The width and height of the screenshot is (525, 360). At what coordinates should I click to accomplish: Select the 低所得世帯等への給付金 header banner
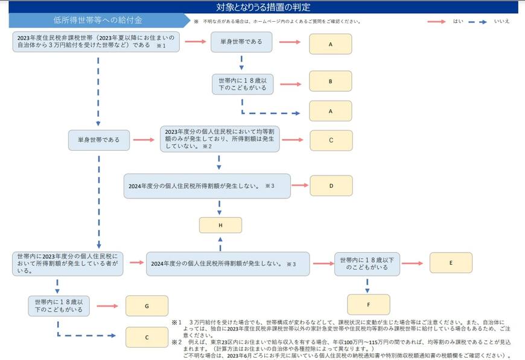point(97,21)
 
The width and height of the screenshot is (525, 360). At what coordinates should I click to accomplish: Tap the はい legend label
point(458,21)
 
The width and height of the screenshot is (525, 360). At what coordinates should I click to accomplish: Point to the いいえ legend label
point(502,21)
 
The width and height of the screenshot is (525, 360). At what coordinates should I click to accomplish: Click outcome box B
point(331,81)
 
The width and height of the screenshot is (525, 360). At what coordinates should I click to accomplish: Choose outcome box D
point(331,186)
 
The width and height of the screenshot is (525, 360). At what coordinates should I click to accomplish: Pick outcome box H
point(220,225)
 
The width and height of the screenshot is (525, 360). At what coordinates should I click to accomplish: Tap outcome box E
point(451,263)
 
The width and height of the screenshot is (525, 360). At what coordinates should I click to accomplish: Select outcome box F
point(368,305)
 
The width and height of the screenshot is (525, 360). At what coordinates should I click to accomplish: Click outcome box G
point(147,306)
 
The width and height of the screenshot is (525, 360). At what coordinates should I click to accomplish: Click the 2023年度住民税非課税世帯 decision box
point(96,42)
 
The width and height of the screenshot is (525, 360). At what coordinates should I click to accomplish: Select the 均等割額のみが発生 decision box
point(220,139)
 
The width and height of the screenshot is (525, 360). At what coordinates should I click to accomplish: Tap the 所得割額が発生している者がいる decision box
point(68,264)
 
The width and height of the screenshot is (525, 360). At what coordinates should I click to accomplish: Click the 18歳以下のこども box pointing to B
point(242,84)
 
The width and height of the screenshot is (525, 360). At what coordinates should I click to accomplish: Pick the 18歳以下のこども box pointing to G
point(59,306)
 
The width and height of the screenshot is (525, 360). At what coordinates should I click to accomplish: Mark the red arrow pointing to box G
point(108,306)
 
